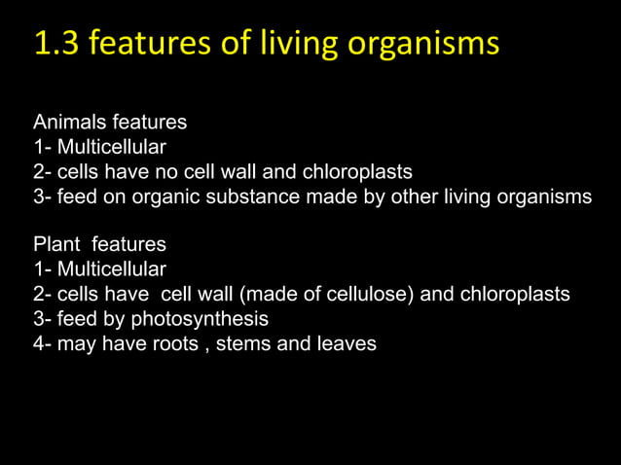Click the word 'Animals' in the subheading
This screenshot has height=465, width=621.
tap(67, 124)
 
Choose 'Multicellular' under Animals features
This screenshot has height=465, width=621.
tap(111, 148)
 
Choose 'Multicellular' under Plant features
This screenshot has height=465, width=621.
tap(111, 269)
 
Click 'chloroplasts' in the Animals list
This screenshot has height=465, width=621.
tap(358, 172)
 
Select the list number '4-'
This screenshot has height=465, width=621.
tap(43, 343)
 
